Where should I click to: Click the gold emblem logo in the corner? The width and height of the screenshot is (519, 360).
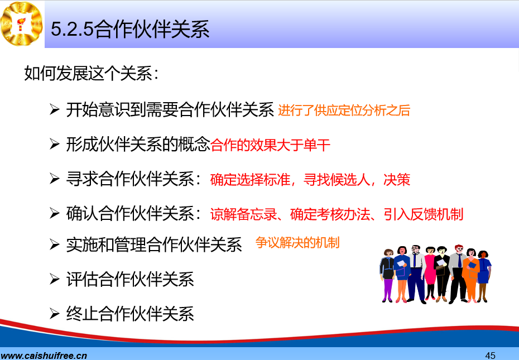(x=22, y=23)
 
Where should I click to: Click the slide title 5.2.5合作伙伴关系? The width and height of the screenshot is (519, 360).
(x=130, y=29)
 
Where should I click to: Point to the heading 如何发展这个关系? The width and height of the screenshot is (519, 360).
(x=92, y=73)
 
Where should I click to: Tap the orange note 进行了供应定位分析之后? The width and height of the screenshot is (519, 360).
(x=344, y=111)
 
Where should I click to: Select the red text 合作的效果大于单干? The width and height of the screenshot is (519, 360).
(x=271, y=145)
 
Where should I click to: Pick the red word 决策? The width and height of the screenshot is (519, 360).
(x=397, y=180)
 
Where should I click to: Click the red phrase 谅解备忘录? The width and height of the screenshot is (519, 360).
(x=244, y=214)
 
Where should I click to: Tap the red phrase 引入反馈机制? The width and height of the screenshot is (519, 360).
(x=424, y=214)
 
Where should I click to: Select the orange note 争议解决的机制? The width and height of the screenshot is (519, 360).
(x=297, y=243)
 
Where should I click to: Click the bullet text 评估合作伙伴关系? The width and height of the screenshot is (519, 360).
(x=130, y=279)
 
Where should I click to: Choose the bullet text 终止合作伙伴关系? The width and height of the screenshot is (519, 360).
(x=130, y=314)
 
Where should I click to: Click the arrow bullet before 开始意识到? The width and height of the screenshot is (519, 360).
(x=54, y=109)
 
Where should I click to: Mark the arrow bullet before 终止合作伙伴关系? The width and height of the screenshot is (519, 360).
(x=54, y=313)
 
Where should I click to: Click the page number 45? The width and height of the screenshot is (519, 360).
(x=490, y=356)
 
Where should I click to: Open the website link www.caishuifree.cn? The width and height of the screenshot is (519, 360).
(x=44, y=356)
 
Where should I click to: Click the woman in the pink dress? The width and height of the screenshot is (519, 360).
(x=430, y=273)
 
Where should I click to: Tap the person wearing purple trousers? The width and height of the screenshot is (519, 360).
(x=387, y=276)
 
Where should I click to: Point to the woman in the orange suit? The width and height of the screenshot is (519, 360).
(x=471, y=276)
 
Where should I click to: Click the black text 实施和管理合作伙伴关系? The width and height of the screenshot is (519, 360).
(x=154, y=245)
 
